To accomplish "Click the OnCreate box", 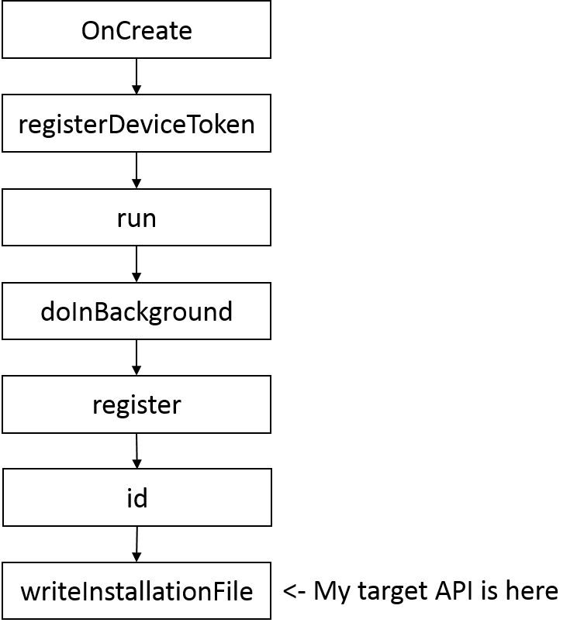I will pyautogui.click(x=136, y=29).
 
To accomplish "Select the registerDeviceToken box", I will pyautogui.click(x=136, y=123).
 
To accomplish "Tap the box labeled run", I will pyautogui.click(x=136, y=218).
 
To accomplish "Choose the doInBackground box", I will pyautogui.click(x=136, y=311).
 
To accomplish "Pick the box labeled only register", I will pyautogui.click(x=136, y=404).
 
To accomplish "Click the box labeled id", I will pyautogui.click(x=136, y=497).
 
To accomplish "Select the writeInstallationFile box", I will pyautogui.click(x=136, y=591).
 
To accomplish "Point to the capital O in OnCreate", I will pyautogui.click(x=91, y=31).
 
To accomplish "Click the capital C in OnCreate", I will pyautogui.click(x=124, y=31).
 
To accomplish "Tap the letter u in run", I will pyautogui.click(x=136, y=219).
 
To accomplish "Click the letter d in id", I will pyautogui.click(x=140, y=497).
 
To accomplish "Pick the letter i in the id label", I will pyautogui.click(x=129, y=497).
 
